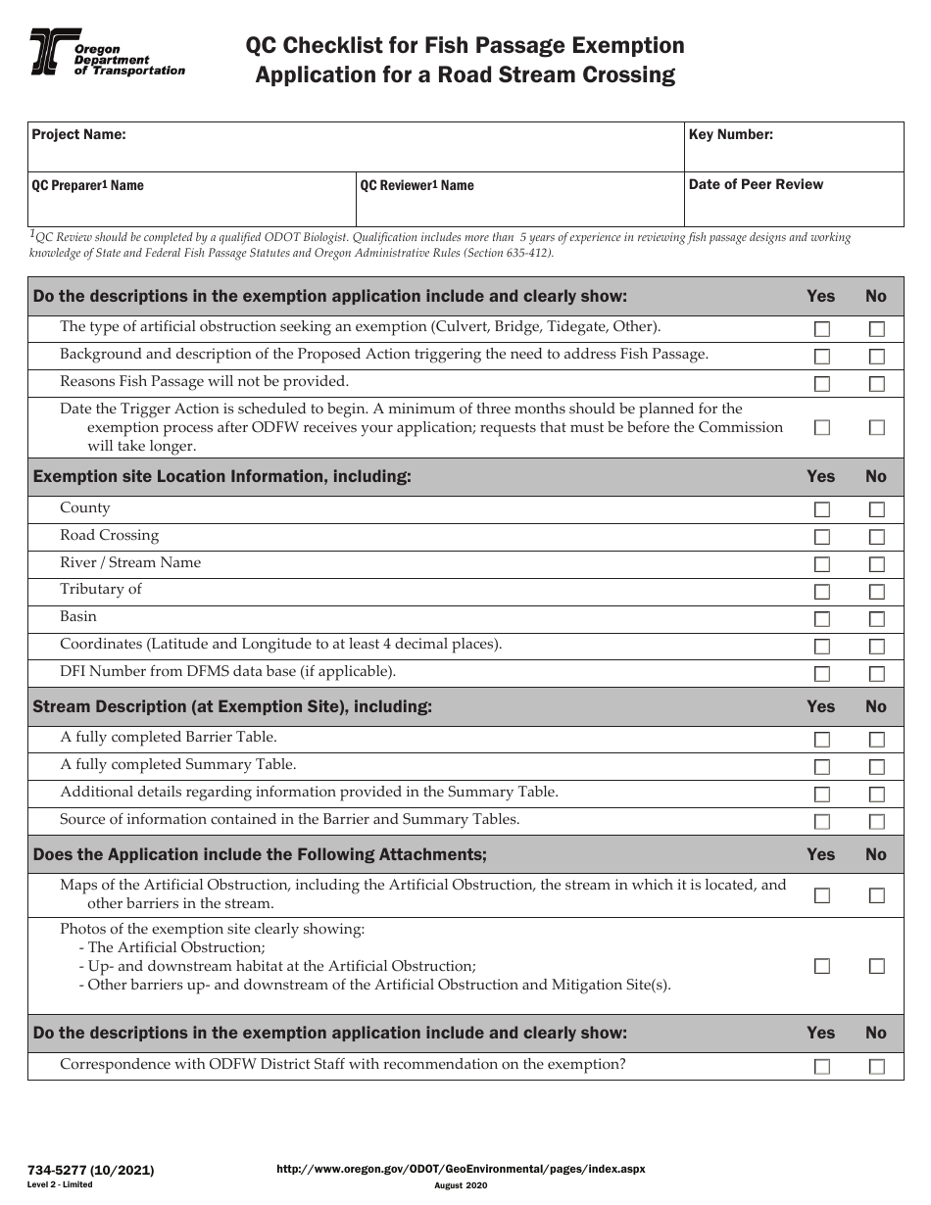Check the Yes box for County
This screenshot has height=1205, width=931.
pos(821,509)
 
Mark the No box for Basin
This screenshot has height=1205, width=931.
pos(876,619)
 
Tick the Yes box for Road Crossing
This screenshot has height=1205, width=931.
pos(821,537)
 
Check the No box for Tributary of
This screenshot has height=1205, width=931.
pos(876,592)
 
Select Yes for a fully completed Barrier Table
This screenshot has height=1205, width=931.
pos(821,740)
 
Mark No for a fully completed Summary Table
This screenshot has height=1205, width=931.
pos(876,767)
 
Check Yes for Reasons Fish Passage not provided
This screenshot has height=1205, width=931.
pos(821,384)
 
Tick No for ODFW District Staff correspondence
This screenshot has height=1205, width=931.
pos(876,1067)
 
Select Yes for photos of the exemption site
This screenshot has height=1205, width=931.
pos(821,966)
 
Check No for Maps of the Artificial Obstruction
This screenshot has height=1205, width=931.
pos(876,895)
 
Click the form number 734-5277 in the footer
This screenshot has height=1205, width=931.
pos(92,1170)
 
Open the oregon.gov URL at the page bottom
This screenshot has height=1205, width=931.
pos(461,1169)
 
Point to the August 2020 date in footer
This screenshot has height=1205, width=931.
pos(461,1185)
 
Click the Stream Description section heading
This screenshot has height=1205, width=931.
pos(232,706)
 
